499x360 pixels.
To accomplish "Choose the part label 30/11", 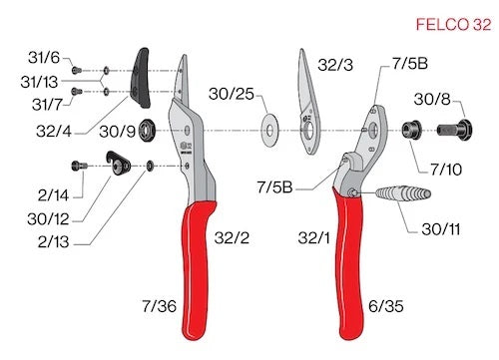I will (442, 228).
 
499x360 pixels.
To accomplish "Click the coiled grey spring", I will (405, 191).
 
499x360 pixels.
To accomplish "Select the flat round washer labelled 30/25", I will (269, 128).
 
